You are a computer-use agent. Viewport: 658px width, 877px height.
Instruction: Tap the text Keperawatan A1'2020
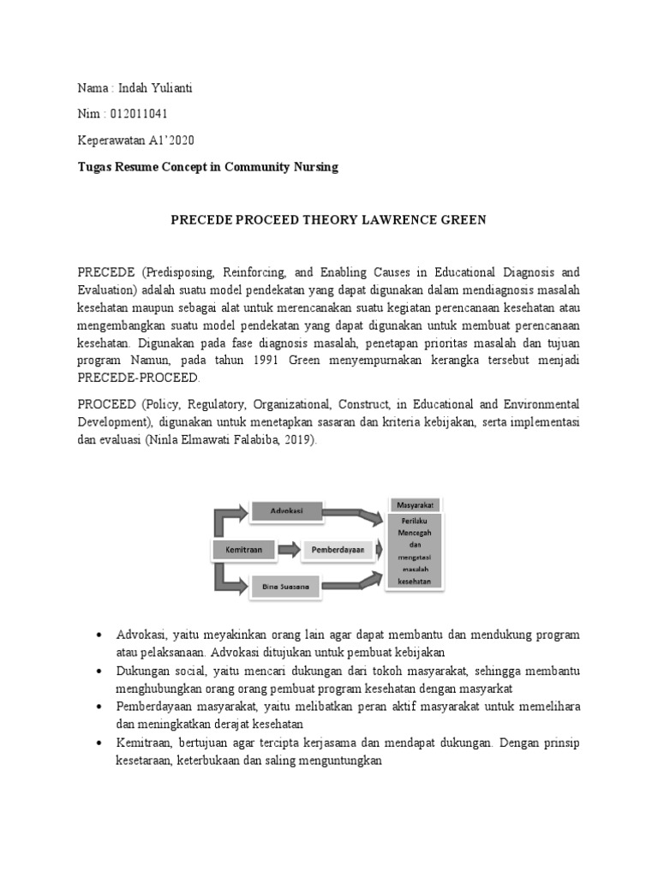point(141,140)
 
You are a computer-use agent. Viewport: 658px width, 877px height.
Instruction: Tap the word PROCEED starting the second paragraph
point(105,403)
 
